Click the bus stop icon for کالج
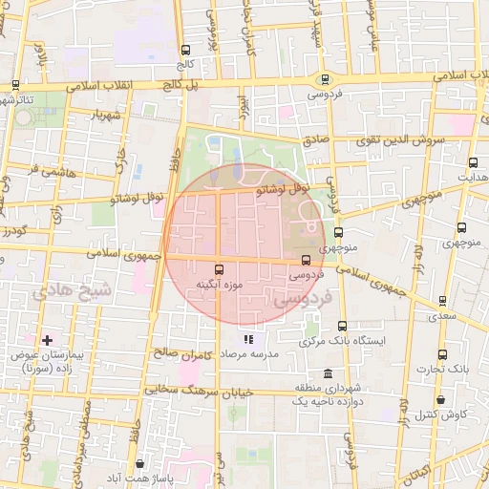click(x=185, y=50)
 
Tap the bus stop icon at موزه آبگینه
click(x=221, y=269)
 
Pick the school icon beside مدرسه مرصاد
click(x=248, y=338)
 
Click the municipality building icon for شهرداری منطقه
click(x=329, y=372)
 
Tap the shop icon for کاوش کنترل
click(x=440, y=400)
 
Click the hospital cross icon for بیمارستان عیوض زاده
click(x=46, y=340)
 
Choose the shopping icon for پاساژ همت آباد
click(x=139, y=461)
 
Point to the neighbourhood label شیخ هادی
click(x=72, y=290)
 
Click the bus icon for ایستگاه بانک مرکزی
click(x=342, y=326)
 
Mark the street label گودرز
click(x=14, y=230)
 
